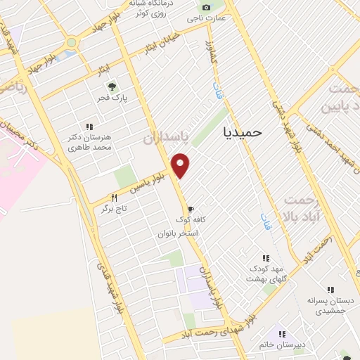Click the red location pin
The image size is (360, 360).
181,164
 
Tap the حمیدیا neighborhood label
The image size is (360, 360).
241,131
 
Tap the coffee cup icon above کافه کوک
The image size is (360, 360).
190,208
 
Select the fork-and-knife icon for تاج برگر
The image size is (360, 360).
114,198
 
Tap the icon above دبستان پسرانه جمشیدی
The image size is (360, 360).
330,289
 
